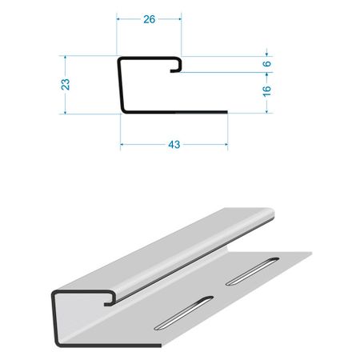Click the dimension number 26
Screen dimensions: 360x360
pyautogui.click(x=149, y=19)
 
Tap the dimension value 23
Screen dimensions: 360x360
pyautogui.click(x=66, y=84)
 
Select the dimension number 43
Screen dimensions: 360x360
pyautogui.click(x=174, y=145)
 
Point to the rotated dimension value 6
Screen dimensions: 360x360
pyautogui.click(x=266, y=64)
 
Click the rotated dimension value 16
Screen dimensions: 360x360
pyautogui.click(x=266, y=90)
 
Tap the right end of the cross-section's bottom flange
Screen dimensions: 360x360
pyautogui.click(x=226, y=112)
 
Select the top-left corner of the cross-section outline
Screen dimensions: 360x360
pyautogui.click(x=119, y=58)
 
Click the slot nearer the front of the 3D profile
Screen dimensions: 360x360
pyautogui.click(x=183, y=313)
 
